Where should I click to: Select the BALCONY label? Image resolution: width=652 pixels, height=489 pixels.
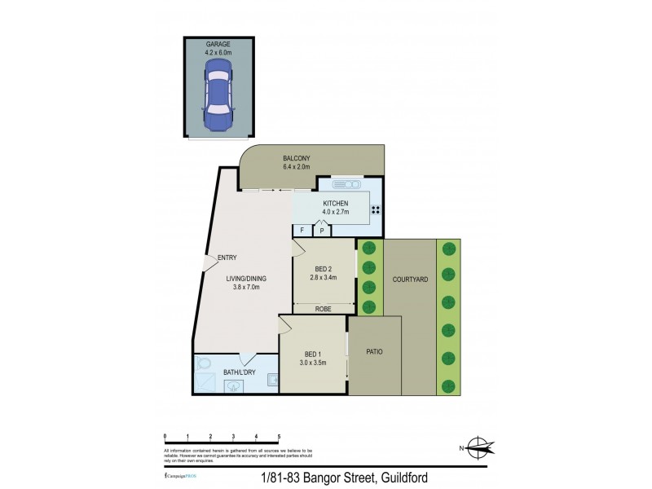pyautogui.click(x=297, y=158)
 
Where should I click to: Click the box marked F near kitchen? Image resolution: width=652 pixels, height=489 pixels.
pyautogui.click(x=301, y=231)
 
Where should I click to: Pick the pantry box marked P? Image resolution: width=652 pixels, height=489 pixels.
pyautogui.click(x=322, y=231)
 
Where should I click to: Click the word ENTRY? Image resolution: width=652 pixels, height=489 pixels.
pyautogui.click(x=227, y=259)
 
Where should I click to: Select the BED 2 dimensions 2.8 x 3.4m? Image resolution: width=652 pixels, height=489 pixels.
pyautogui.click(x=324, y=278)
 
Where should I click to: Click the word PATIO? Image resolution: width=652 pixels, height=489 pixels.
pyautogui.click(x=374, y=352)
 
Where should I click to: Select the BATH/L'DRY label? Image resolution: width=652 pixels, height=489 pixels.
pyautogui.click(x=239, y=372)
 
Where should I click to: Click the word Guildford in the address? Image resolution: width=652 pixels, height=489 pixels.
pyautogui.click(x=396, y=478)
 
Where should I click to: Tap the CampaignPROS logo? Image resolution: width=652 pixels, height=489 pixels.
pyautogui.click(x=183, y=474)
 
